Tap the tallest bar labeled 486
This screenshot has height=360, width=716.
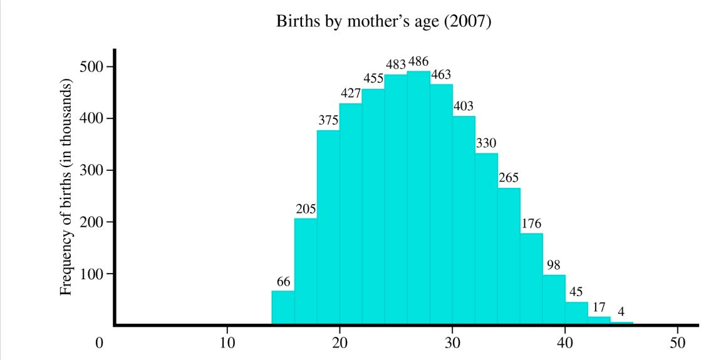pyautogui.click(x=418, y=198)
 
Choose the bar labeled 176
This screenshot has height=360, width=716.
pyautogui.click(x=531, y=279)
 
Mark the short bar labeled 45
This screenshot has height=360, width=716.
pyautogui.click(x=576, y=313)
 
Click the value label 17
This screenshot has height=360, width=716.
pyautogui.click(x=599, y=307)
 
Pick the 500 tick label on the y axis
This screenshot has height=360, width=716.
pyautogui.click(x=91, y=67)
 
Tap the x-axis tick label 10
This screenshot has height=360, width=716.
pyautogui.click(x=227, y=343)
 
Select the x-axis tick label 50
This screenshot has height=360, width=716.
pyautogui.click(x=678, y=343)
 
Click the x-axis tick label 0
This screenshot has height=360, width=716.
pyautogui.click(x=99, y=343)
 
